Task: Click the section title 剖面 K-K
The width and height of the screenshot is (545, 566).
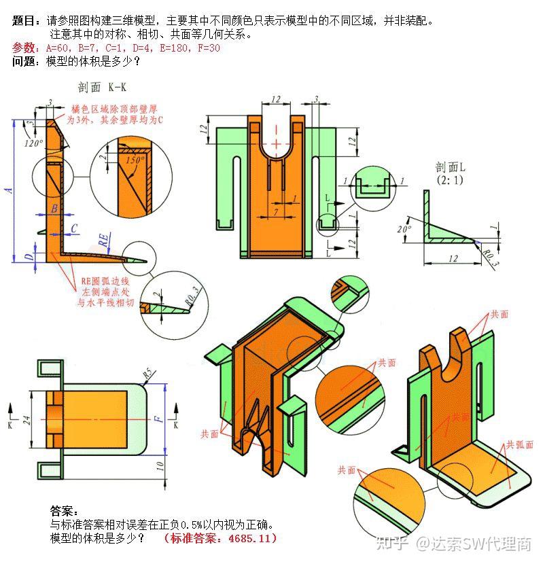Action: (x=103, y=87)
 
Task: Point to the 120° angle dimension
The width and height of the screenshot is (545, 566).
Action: (x=33, y=143)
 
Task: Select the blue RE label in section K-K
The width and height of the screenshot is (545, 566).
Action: (x=103, y=240)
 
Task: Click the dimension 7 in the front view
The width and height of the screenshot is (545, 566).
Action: (x=276, y=213)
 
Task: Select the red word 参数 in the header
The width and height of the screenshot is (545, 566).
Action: (x=26, y=48)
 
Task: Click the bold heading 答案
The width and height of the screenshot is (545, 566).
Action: (x=65, y=510)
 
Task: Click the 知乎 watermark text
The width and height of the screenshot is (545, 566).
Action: (x=396, y=543)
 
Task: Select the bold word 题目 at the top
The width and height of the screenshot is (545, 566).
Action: (x=26, y=20)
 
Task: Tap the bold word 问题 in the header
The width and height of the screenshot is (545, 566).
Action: (x=26, y=61)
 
